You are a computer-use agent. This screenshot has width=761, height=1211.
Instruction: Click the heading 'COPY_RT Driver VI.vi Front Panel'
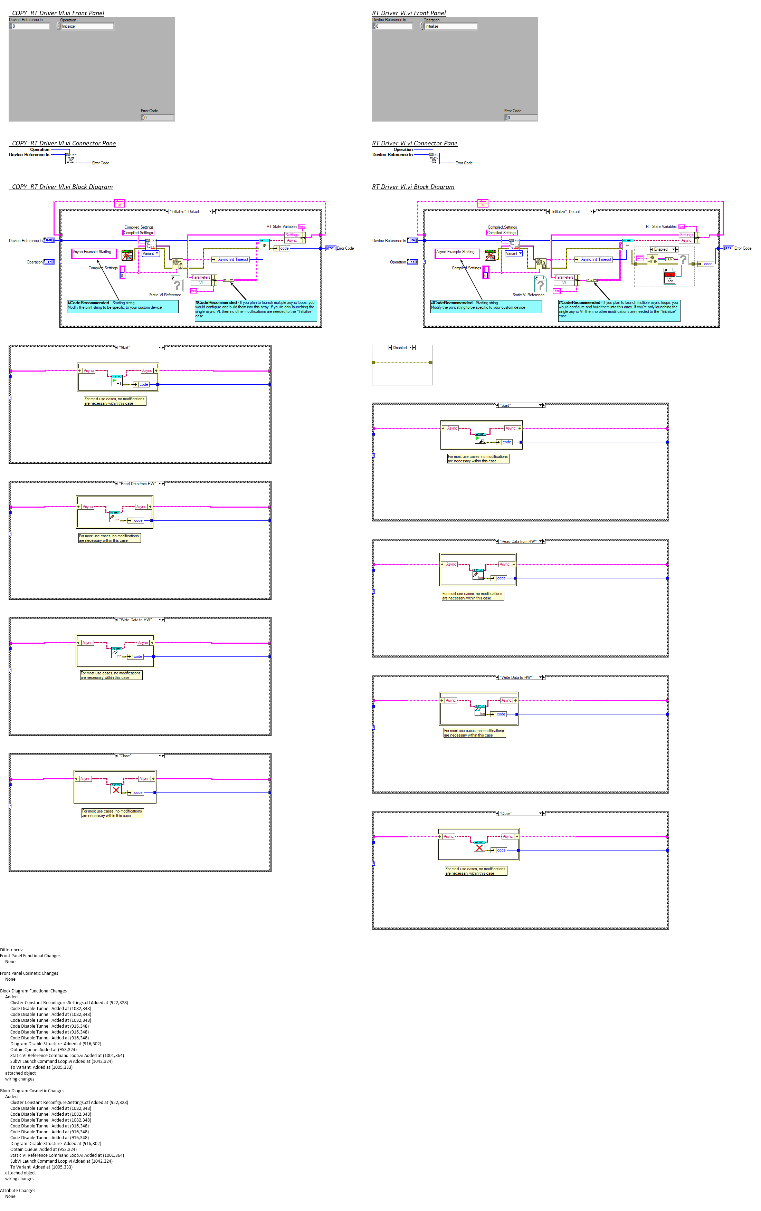[x=58, y=13]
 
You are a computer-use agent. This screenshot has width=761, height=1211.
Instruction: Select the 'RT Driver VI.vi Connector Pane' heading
[x=415, y=143]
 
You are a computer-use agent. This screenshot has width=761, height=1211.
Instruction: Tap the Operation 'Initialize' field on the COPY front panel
[x=87, y=26]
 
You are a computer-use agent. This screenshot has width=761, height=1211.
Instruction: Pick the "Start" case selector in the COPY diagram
[x=125, y=347]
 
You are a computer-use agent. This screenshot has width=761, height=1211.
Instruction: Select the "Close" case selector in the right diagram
[x=505, y=813]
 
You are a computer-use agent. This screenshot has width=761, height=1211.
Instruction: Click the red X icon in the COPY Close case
[x=116, y=790]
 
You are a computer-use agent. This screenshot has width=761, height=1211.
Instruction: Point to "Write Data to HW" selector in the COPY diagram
[x=136, y=619]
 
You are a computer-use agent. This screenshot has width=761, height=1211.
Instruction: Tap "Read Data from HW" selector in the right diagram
[x=518, y=541]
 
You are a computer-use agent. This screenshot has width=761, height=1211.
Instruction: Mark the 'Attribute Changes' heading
[x=18, y=1190]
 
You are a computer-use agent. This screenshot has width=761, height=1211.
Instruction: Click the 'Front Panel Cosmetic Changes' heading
[x=29, y=973]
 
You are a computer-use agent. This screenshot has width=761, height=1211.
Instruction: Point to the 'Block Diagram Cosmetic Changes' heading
[x=32, y=1091]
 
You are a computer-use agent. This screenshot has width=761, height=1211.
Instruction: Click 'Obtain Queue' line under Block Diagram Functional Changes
[x=43, y=1049]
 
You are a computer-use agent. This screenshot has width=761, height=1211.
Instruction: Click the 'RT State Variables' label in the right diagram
[x=661, y=227]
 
